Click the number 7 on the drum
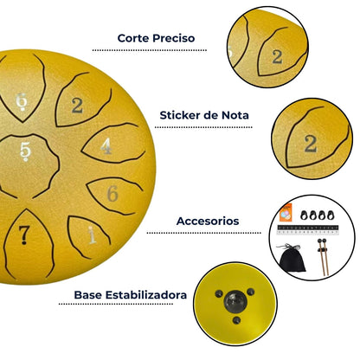pyautogui.click(x=24, y=235)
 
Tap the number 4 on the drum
pyautogui.click(x=106, y=146)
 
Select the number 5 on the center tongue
pyautogui.click(x=25, y=151)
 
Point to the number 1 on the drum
pyautogui.click(x=92, y=235)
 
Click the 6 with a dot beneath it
pyautogui.click(x=22, y=102)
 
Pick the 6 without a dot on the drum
pyautogui.click(x=112, y=194)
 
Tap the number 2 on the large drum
pyautogui.click(x=77, y=106)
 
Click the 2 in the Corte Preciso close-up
pyautogui.click(x=277, y=57)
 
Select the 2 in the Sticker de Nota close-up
pyautogui.click(x=311, y=144)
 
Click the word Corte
pyautogui.click(x=133, y=38)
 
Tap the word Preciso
pyautogui.click(x=174, y=38)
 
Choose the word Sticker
pyautogui.click(x=180, y=115)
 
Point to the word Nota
pyautogui.click(x=235, y=115)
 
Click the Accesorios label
pyautogui.click(x=208, y=222)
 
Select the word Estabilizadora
pyautogui.click(x=146, y=295)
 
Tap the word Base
pyautogui.click(x=87, y=295)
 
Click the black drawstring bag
pyautogui.click(x=292, y=258)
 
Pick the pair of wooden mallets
pyautogui.click(x=324, y=257)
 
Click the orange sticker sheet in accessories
pyautogui.click(x=286, y=213)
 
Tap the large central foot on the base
pyautogui.click(x=235, y=302)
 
